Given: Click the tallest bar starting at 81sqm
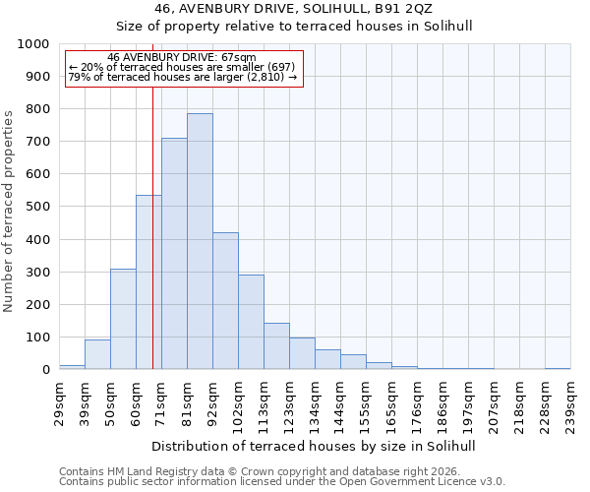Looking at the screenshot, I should (x=200, y=241).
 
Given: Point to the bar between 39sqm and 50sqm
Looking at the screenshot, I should (x=97, y=354).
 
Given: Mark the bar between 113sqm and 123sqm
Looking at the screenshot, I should (x=276, y=346).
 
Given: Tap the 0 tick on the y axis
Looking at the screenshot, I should (x=45, y=370).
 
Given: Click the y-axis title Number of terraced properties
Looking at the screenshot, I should (x=9, y=211).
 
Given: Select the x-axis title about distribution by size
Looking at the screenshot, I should (x=315, y=446).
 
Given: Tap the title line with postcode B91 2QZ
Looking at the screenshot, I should (x=315, y=9).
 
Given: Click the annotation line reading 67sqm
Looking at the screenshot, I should (x=182, y=58).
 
